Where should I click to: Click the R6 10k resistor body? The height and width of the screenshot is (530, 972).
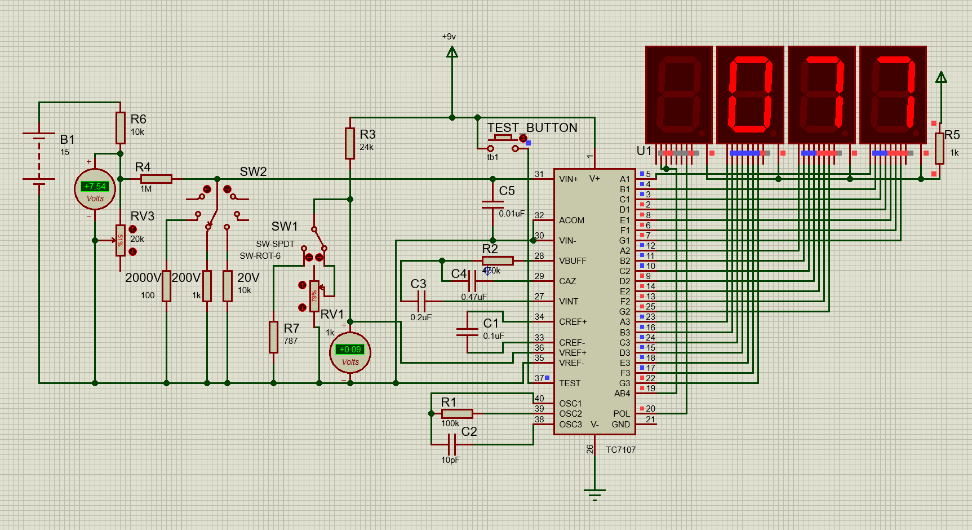point(120,128)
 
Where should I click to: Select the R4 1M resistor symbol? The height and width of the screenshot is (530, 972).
point(156,179)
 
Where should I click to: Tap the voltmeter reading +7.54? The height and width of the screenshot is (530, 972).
point(95,187)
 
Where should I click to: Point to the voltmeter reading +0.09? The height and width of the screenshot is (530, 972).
point(350,350)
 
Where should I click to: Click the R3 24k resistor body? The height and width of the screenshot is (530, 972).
point(350,143)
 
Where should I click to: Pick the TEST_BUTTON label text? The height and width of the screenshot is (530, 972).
point(532,128)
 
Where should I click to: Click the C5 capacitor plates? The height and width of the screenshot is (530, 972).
point(492,205)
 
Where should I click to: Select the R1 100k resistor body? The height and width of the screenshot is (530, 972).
point(457,414)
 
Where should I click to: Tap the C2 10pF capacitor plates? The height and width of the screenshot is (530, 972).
point(452,444)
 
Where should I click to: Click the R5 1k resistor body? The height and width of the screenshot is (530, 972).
point(939,148)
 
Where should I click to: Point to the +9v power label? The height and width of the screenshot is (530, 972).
point(449,37)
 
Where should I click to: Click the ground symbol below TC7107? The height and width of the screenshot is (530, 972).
point(594,493)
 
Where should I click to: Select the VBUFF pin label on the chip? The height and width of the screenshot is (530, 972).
point(572,261)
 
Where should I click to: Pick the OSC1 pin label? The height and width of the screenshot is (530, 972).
point(570,404)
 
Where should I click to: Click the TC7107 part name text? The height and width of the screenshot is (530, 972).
point(620,450)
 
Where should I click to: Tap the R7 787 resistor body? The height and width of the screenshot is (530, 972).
point(273,337)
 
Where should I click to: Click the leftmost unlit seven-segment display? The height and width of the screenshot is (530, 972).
point(679,94)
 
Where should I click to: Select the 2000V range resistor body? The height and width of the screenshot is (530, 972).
point(166,286)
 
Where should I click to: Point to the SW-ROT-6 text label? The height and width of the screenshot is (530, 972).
point(260,256)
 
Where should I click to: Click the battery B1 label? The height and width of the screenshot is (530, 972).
point(67,139)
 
